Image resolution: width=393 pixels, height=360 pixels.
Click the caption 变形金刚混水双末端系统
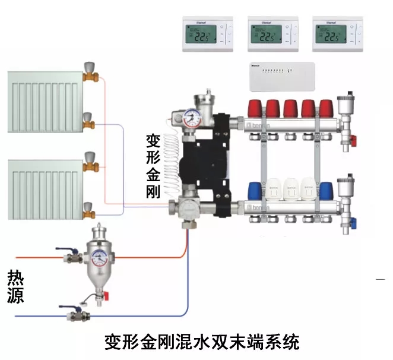coord(202,342)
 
